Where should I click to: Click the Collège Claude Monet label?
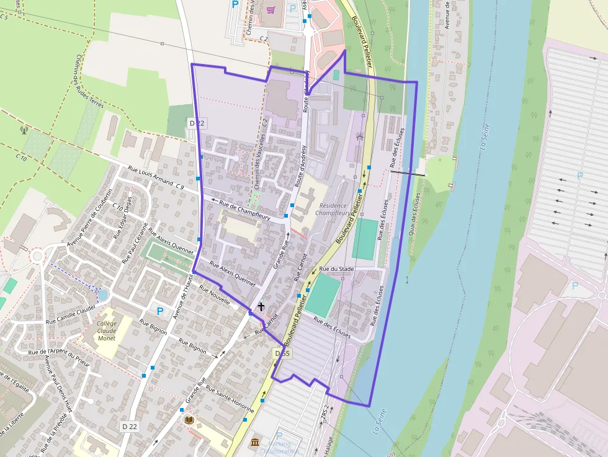click(x=107, y=331)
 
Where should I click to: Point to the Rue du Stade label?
click(x=336, y=269)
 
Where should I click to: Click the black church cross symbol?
click(x=261, y=306)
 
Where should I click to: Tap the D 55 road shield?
click(x=282, y=353)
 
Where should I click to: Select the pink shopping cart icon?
click(x=270, y=9)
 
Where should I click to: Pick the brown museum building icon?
click(x=255, y=442)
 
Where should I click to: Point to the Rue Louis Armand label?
click(x=151, y=172)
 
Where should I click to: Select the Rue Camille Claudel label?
click(x=70, y=314)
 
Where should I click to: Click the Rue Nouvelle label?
click(x=213, y=296)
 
